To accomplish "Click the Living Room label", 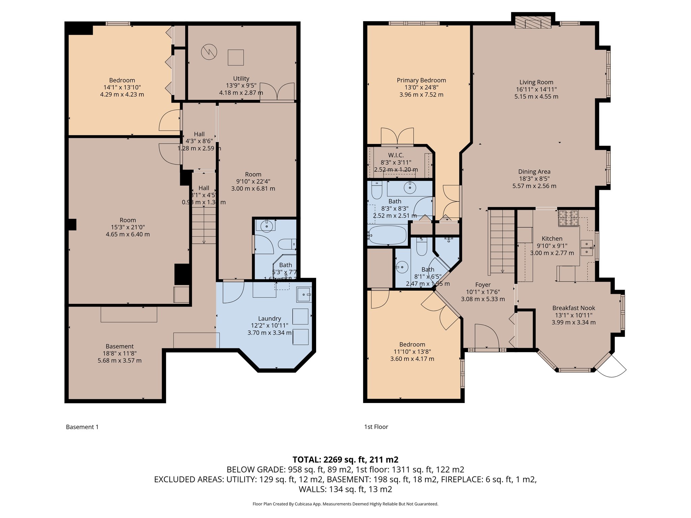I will point(536,82).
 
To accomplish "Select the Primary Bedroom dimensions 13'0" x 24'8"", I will point(421,87).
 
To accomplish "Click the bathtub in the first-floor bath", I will point(388,235).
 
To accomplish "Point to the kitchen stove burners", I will point(568,218).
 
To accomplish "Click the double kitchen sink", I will point(587,248).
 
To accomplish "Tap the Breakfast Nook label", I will point(573,308).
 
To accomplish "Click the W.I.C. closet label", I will point(396,155).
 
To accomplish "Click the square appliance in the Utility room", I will point(236,57).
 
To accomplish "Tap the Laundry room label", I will point(269,318).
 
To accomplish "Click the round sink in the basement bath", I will point(267,226).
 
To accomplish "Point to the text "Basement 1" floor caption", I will point(82,427).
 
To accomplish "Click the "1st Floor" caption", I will point(376,427).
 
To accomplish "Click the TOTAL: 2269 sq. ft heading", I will point(345,459).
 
